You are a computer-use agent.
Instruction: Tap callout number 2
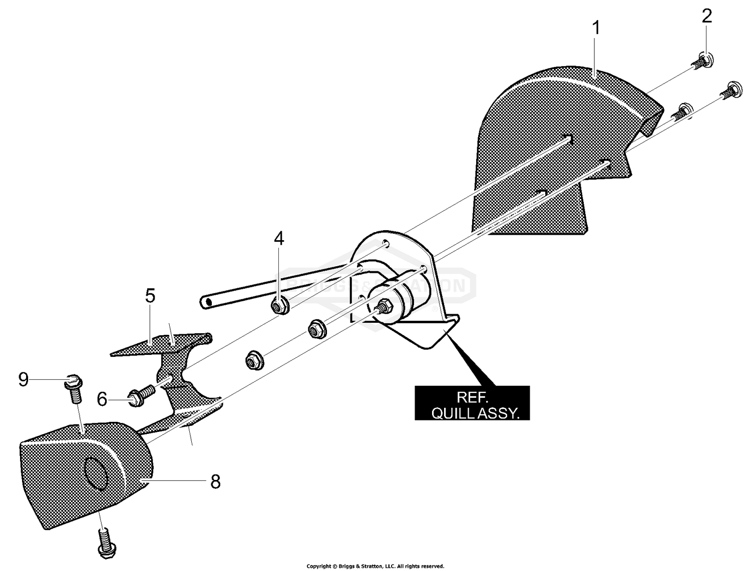coord(706,17)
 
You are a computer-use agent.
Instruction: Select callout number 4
coord(279,239)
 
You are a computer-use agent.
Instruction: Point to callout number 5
coord(150,296)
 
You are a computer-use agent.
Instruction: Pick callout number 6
coord(102,399)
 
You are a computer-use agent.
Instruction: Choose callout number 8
coord(215,482)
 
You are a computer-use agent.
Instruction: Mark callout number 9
coord(23,379)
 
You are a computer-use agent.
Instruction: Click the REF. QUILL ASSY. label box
coord(472,403)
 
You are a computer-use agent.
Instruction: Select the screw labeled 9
coord(73,386)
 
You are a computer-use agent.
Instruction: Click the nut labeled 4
coord(279,304)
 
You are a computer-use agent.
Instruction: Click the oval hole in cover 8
coord(96,473)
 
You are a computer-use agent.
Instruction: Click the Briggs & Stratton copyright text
coord(375,566)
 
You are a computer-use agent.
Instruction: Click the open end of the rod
coord(205,302)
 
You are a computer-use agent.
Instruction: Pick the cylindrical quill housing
coord(401,295)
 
